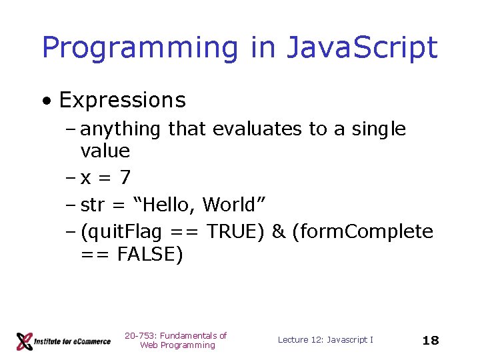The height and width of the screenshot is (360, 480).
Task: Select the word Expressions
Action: point(123,100)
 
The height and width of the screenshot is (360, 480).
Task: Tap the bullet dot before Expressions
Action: point(47,101)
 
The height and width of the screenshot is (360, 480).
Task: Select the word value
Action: point(105,151)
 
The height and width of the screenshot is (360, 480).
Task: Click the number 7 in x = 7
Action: point(125,178)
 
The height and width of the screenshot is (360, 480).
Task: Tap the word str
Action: point(92,204)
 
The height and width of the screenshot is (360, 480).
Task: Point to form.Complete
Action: point(363,231)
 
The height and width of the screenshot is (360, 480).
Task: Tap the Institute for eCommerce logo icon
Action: point(25,341)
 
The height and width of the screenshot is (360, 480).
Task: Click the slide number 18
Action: point(431,341)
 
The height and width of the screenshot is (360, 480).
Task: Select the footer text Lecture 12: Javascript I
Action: point(325,340)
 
